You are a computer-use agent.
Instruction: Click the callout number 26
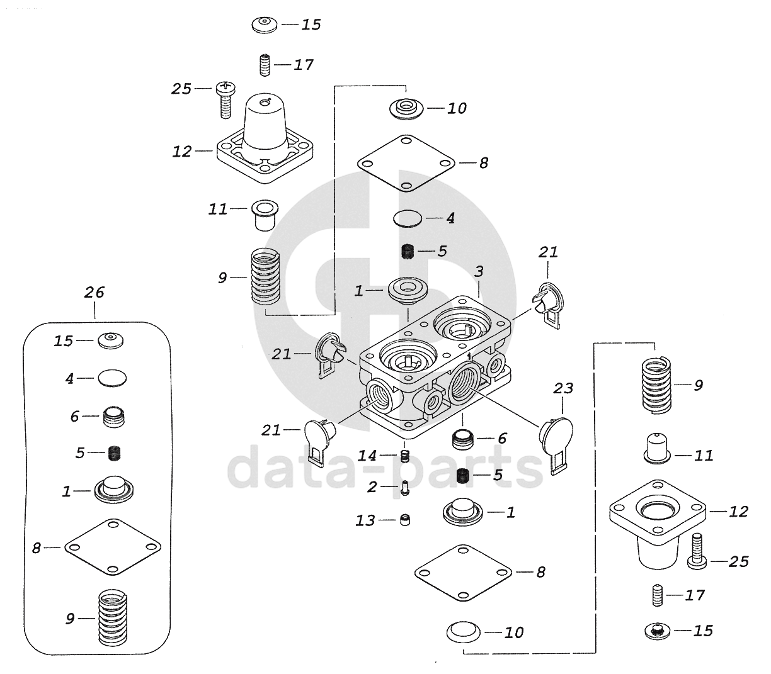94,292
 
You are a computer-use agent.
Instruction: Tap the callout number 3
479,272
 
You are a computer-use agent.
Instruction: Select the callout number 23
563,389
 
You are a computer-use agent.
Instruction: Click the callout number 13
366,520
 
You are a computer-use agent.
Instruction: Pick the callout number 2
372,486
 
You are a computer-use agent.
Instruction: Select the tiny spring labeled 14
405,455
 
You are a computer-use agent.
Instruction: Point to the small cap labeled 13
406,520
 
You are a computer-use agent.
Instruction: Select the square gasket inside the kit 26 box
113,547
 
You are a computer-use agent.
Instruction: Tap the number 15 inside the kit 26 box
64,340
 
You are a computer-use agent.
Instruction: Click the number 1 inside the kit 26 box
67,491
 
